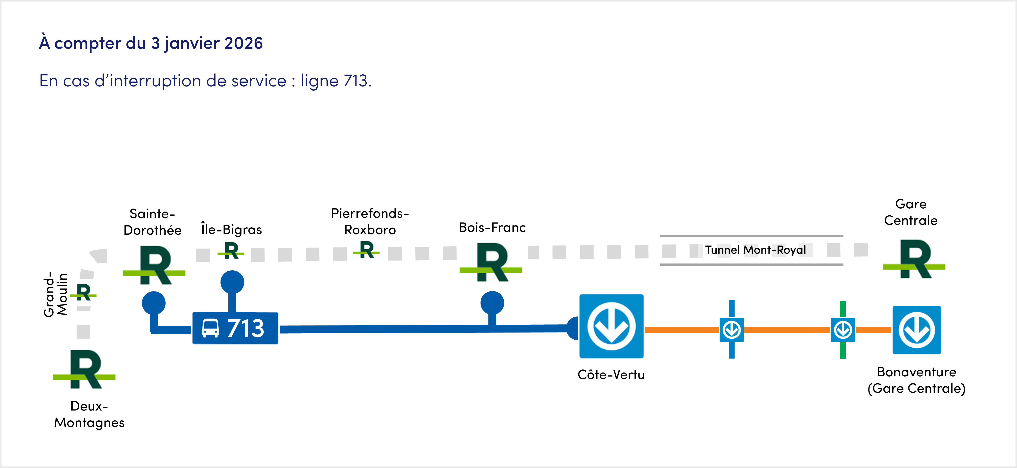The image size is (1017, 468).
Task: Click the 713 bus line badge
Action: click(x=235, y=328)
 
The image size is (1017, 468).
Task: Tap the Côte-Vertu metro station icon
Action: click(x=611, y=326)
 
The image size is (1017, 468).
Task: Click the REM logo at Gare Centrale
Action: click(x=914, y=259)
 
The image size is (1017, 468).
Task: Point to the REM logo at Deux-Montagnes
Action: click(x=84, y=369)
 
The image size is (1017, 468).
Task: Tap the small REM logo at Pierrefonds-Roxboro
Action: click(x=367, y=250)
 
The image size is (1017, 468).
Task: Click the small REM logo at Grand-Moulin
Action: click(x=83, y=292)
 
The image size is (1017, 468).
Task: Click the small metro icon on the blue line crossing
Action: click(x=732, y=330)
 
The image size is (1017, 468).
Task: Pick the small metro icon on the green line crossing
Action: click(x=843, y=330)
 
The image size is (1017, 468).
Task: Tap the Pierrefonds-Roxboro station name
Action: click(x=370, y=222)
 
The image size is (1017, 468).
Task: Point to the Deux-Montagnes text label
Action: click(x=89, y=414)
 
